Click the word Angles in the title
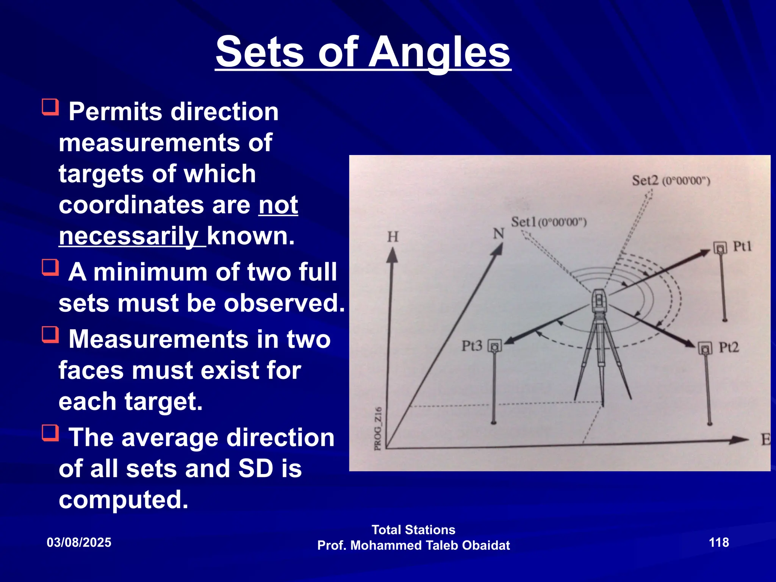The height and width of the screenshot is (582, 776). tap(440, 52)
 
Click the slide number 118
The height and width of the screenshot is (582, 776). tap(719, 542)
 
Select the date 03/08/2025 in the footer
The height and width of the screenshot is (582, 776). tap(79, 542)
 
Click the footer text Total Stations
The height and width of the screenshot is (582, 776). tap(413, 529)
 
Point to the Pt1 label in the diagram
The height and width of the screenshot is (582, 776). tap(742, 246)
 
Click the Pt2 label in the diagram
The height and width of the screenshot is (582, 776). tap(729, 347)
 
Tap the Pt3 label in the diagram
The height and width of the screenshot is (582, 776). tap(472, 346)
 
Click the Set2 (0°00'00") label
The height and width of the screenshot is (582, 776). tap(671, 181)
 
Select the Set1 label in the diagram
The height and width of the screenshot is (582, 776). tap(524, 222)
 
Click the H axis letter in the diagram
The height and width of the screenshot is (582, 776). tap(393, 237)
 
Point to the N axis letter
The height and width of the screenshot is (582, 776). tap(498, 234)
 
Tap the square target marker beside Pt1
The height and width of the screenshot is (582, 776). tap(720, 248)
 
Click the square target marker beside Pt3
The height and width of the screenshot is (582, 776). tap(494, 346)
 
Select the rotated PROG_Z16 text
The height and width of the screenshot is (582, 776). tap(378, 429)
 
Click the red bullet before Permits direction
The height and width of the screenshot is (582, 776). tap(50, 107)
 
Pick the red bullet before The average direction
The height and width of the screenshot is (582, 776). tap(50, 433)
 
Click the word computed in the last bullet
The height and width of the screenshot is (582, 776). tap(123, 499)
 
